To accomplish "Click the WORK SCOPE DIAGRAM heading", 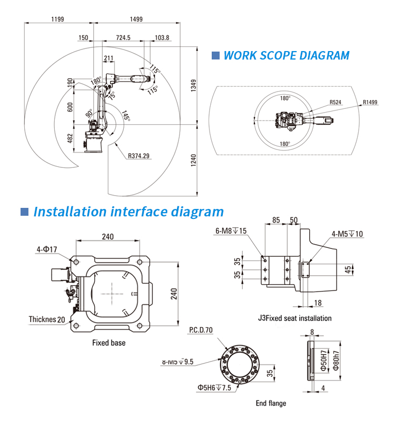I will point(287,55).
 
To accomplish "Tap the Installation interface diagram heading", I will point(129,212).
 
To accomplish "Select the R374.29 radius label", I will point(139,155).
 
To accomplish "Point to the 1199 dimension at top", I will point(58,19).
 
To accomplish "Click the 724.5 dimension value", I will point(123,38).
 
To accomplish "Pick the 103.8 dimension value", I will point(162,38).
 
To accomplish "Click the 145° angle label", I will point(125,115).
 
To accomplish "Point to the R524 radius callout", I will point(336,102).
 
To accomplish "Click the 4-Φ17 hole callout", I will point(47,249).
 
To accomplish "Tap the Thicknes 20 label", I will point(47,319).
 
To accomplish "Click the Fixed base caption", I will point(109,343).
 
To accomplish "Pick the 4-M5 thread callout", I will point(347,234).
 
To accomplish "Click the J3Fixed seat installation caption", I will point(294,318).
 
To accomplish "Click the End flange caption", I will point(271,403).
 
